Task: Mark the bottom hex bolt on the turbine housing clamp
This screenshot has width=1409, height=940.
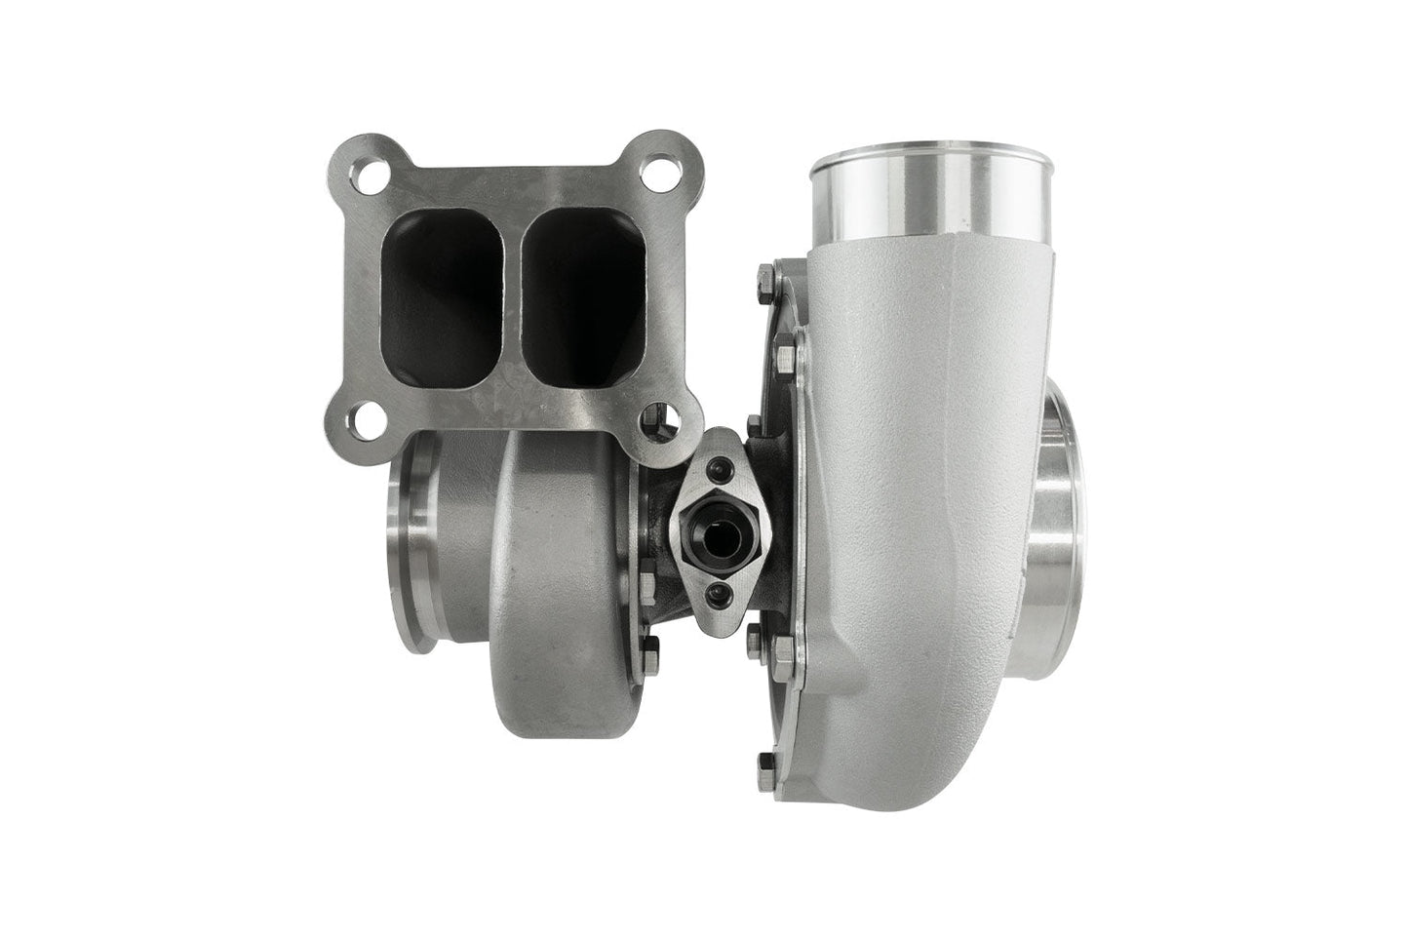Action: [x=651, y=645]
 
